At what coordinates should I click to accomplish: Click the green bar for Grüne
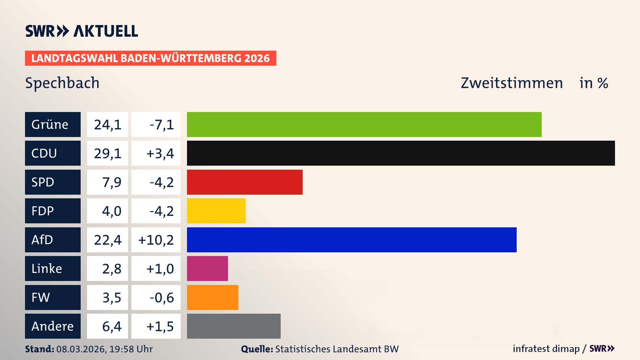364,124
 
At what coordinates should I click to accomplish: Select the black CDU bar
401,153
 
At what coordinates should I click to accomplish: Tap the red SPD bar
245,182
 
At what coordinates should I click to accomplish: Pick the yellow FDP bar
216,211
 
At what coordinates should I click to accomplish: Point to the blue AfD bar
352,240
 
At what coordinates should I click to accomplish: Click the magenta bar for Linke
207,268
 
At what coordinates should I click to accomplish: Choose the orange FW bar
212,297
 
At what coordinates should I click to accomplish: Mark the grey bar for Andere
234,326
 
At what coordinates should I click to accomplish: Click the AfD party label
53,240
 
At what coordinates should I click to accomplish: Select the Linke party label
53,268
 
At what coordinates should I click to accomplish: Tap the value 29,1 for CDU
107,153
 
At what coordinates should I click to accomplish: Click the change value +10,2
156,240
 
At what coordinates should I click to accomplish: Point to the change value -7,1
161,124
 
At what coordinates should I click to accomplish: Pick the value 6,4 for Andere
111,326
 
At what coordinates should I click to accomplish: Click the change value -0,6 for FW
161,297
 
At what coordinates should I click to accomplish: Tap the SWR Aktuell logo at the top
81,31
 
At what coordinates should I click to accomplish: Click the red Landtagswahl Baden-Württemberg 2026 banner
150,58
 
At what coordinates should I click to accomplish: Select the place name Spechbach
62,83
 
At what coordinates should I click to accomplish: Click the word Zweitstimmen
512,83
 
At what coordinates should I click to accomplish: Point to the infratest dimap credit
546,349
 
